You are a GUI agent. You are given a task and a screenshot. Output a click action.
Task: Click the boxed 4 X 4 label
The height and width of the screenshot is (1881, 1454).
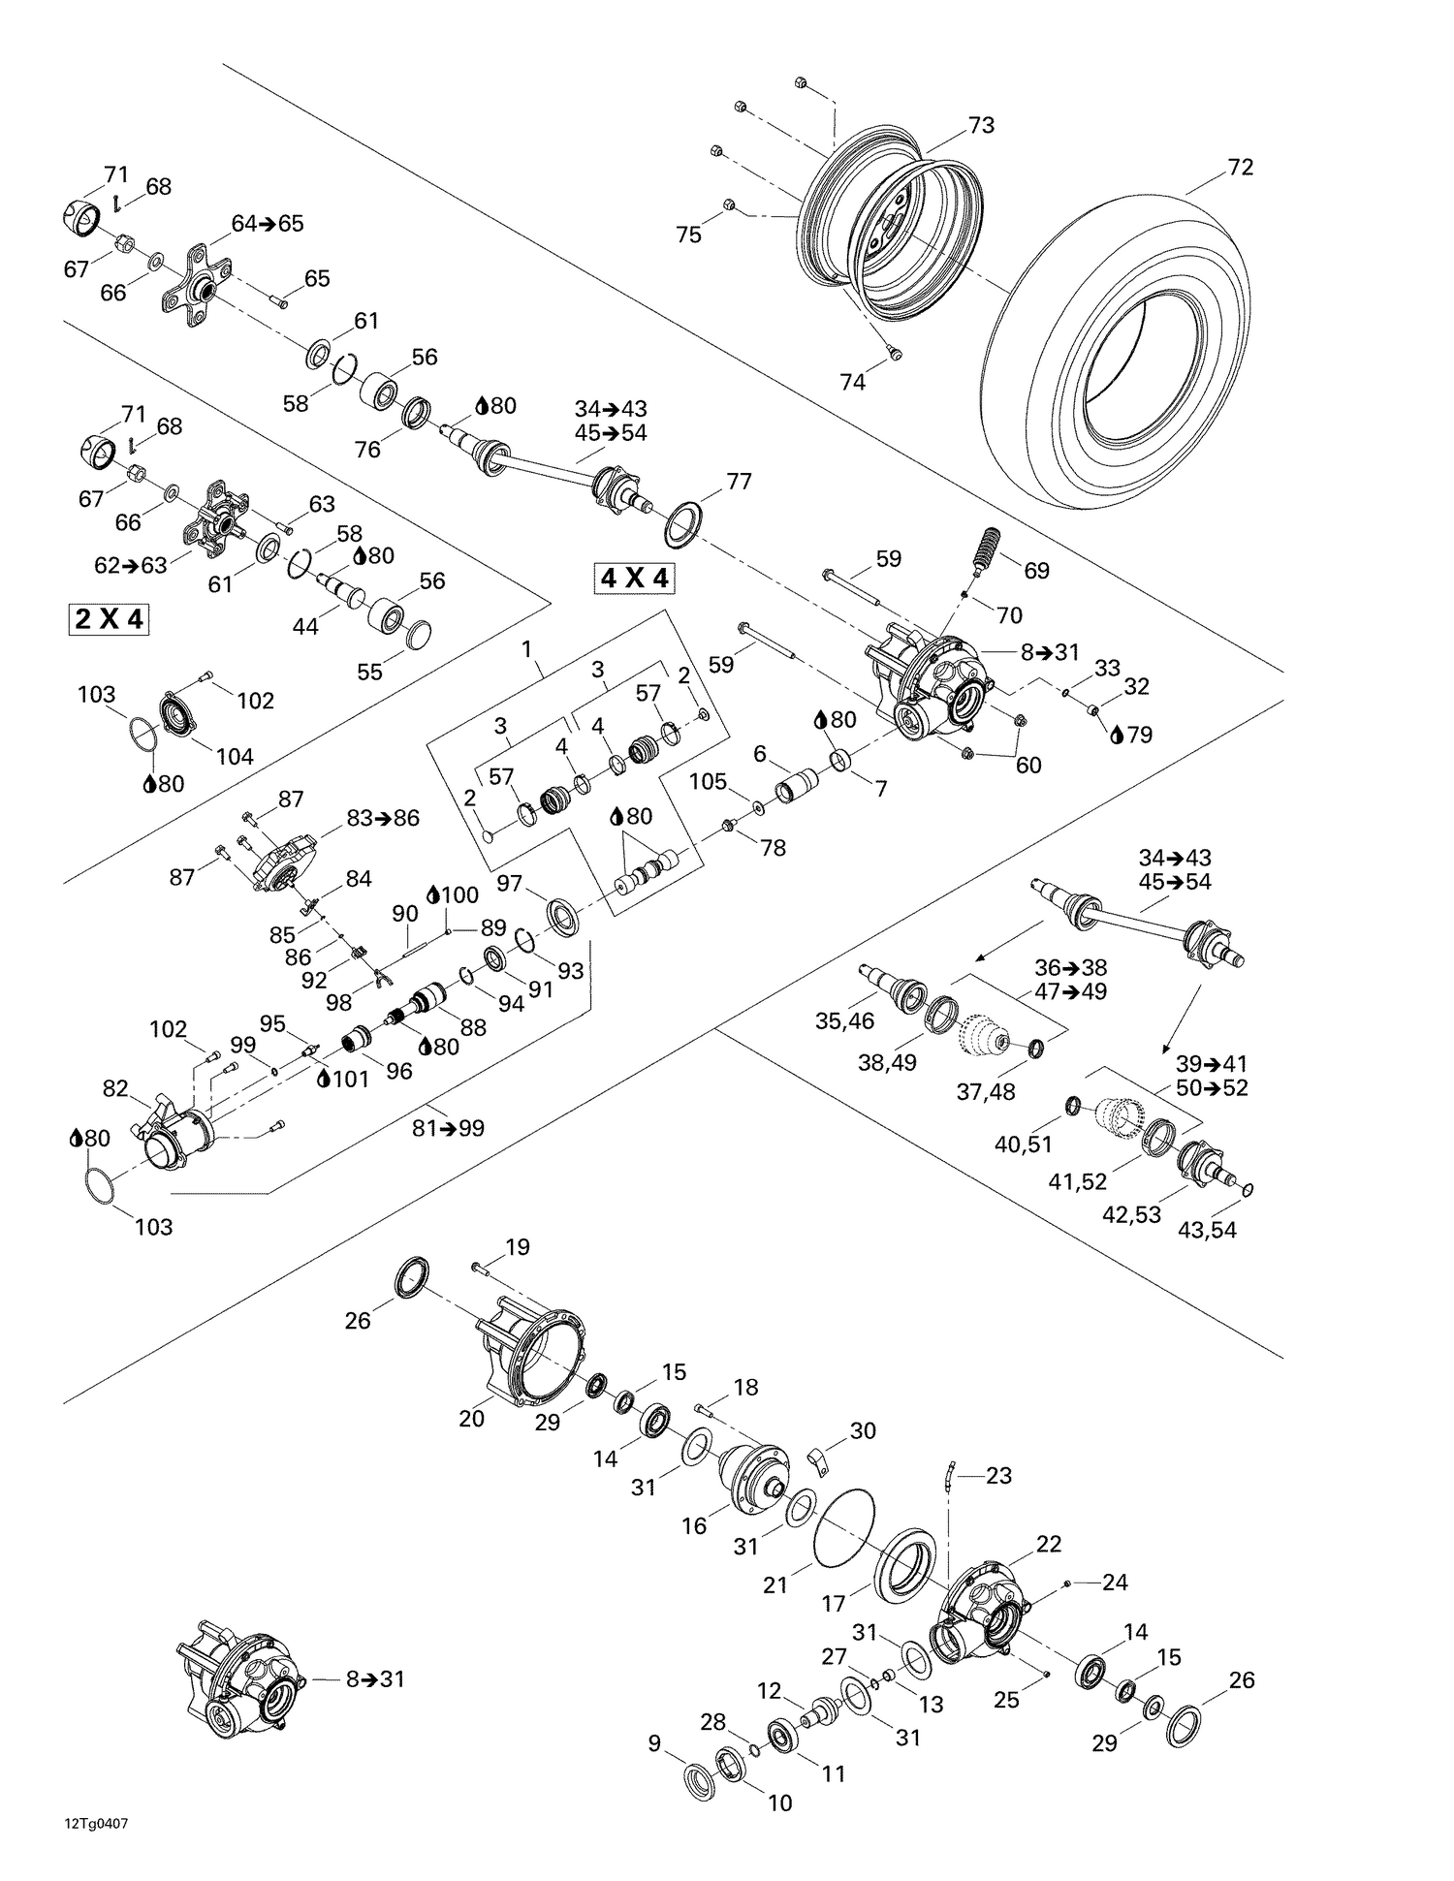click(635, 579)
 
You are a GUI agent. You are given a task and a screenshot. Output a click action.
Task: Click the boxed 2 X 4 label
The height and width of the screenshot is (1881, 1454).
click(110, 618)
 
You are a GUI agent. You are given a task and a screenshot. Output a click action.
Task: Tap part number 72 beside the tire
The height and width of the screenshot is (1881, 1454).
click(1240, 168)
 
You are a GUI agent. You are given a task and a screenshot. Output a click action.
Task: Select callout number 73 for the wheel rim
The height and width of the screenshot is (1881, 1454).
click(981, 125)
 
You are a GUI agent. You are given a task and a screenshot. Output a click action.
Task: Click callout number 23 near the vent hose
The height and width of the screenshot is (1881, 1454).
click(998, 1475)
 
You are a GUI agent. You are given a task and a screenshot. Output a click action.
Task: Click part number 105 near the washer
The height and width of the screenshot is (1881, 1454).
click(708, 781)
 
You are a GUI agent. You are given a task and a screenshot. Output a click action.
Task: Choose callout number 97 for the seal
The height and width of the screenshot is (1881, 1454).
click(510, 883)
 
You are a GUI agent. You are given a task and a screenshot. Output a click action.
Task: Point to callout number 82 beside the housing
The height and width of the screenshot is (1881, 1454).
click(115, 1089)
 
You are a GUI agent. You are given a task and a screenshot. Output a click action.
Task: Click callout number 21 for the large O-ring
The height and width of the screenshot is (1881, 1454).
click(774, 1584)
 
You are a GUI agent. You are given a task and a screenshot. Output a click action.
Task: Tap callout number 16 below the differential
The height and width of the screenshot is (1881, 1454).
click(694, 1525)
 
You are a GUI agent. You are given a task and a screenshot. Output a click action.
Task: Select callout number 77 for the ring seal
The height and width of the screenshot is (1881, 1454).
click(739, 482)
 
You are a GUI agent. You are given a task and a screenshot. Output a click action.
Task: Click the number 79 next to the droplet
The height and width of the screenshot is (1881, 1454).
click(1140, 735)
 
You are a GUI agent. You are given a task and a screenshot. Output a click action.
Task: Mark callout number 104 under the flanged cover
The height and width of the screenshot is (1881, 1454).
click(234, 756)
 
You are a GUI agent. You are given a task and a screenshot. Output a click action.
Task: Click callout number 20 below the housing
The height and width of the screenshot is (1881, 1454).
click(471, 1418)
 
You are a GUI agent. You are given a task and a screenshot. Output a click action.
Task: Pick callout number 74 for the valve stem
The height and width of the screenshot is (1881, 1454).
click(852, 383)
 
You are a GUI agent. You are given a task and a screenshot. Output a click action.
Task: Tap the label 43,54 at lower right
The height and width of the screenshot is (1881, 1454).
click(1207, 1231)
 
